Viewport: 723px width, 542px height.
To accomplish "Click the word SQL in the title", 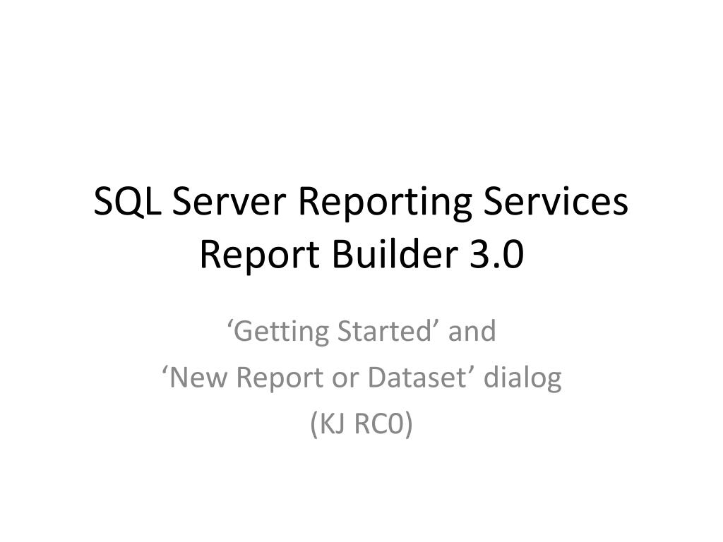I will (x=126, y=203).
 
